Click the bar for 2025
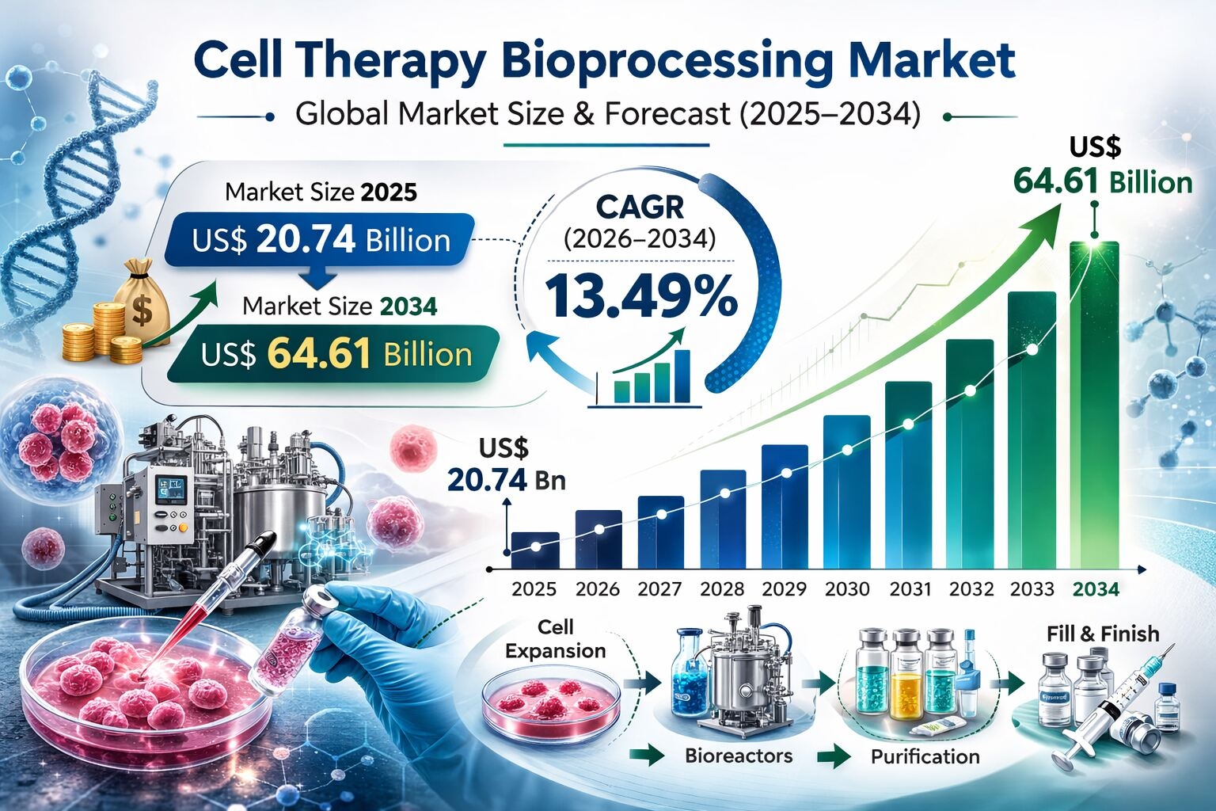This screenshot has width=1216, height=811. (535, 550)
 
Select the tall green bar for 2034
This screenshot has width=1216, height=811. (1094, 404)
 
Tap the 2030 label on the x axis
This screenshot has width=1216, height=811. (847, 589)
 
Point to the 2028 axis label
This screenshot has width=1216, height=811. (722, 589)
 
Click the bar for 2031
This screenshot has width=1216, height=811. (908, 475)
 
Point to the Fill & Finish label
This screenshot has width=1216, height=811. (1102, 634)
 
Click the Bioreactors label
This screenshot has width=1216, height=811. (738, 756)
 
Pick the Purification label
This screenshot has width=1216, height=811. (925, 756)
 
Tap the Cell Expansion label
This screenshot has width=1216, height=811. (555, 639)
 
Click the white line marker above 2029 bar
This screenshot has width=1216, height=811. (786, 474)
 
